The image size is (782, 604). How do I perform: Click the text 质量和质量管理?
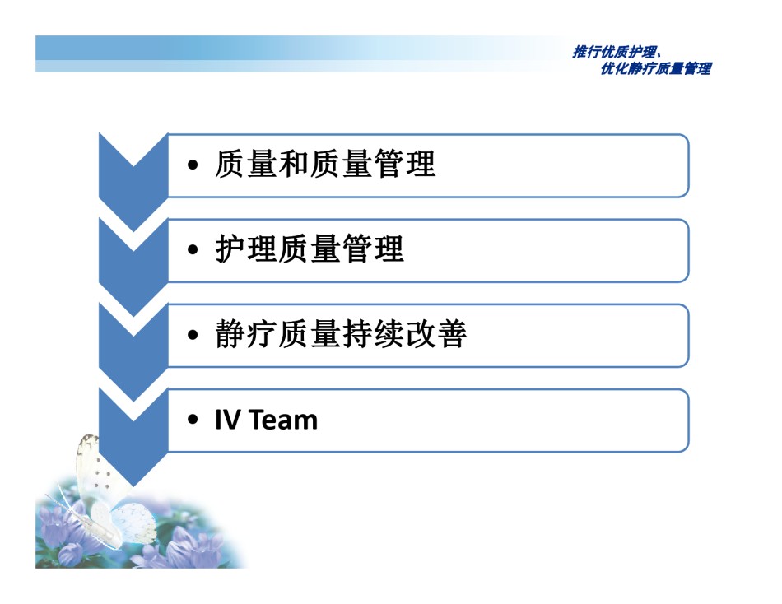click(325, 164)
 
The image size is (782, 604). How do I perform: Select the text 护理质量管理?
click(310, 249)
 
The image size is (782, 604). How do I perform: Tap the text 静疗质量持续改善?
click(341, 333)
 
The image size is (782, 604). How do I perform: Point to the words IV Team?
click(266, 420)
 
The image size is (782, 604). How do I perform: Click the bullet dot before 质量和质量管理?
click(193, 165)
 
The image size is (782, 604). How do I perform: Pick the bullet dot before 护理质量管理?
click(193, 250)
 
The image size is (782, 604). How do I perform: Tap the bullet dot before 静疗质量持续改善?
click(193, 335)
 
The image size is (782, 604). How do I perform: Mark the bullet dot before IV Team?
click(193, 420)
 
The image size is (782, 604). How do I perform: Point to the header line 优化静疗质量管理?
click(656, 68)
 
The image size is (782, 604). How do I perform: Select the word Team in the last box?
click(283, 420)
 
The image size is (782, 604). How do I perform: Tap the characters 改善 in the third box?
click(436, 333)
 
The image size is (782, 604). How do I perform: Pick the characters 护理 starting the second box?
click(246, 249)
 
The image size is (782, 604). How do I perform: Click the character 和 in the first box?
click(294, 164)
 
